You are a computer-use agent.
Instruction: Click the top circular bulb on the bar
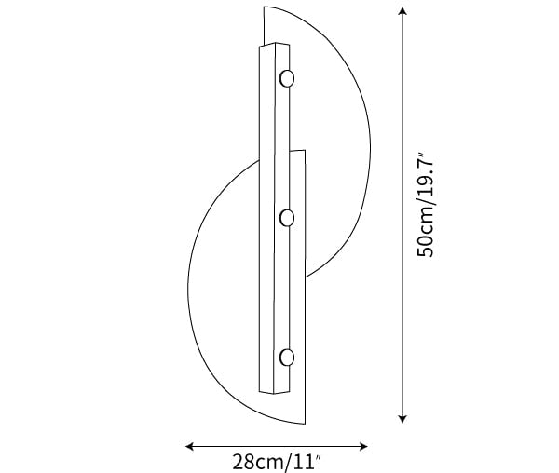287,78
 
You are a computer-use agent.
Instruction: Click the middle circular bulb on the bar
287,218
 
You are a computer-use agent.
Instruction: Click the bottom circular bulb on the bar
287,358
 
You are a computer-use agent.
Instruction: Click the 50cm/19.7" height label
426,205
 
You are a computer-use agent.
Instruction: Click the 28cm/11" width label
277,462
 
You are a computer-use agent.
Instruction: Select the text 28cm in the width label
258,462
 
